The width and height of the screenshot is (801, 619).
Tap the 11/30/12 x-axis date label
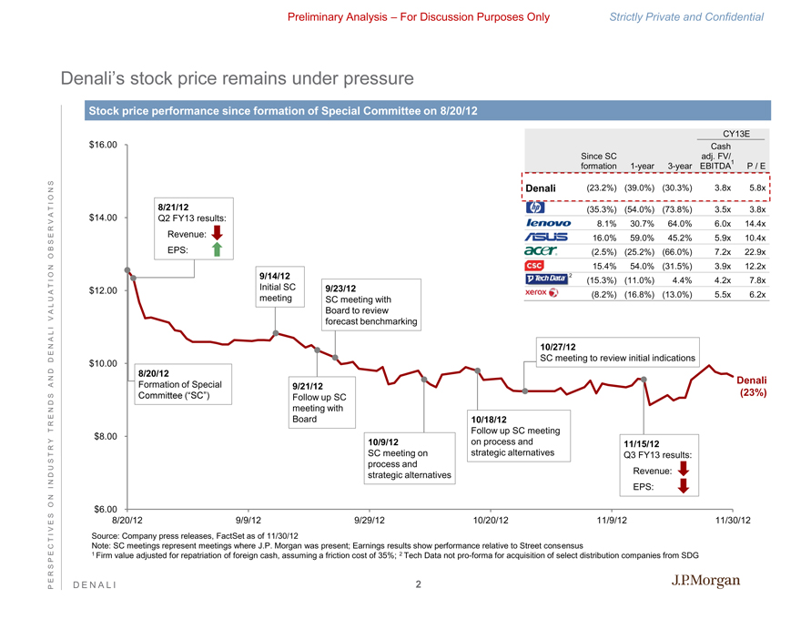[x=732, y=520]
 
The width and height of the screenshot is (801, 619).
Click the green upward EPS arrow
[x=216, y=249]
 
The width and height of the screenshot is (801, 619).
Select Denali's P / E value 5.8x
[x=755, y=189]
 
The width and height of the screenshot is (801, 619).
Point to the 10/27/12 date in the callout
[x=558, y=347]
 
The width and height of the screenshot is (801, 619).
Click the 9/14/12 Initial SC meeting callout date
[x=275, y=275]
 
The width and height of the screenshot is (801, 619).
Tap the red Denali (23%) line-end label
[x=752, y=386]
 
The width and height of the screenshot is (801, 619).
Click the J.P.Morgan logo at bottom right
[x=705, y=582]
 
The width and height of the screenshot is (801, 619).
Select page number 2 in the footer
[x=418, y=585]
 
